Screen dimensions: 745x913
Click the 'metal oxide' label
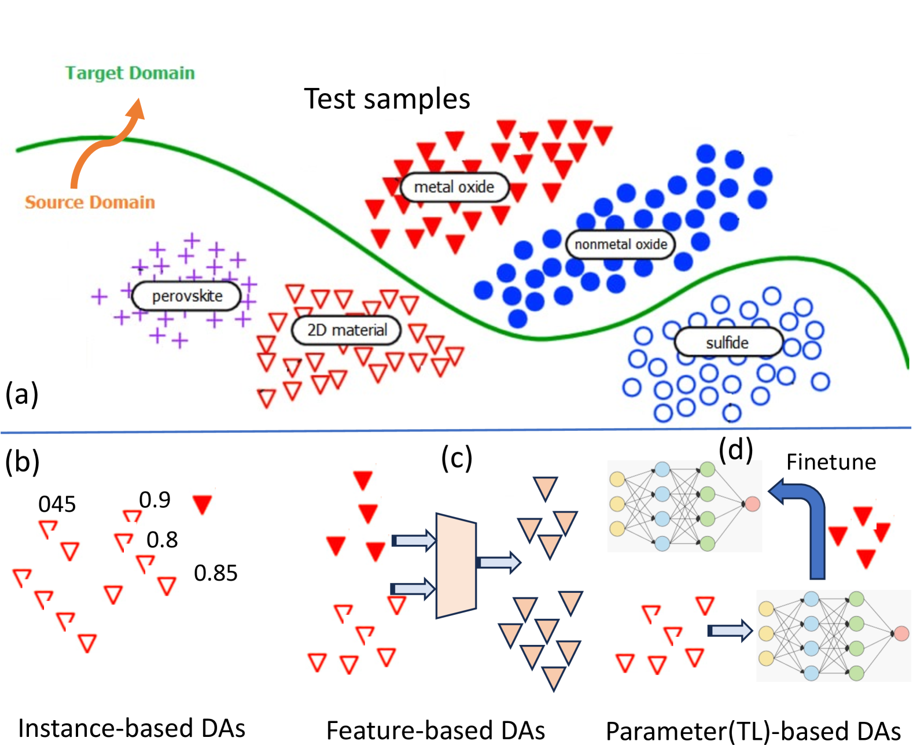coord(454,187)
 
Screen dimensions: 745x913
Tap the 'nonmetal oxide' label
coord(620,244)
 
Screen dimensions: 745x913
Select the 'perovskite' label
coord(186,296)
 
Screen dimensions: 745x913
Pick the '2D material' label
coord(347,330)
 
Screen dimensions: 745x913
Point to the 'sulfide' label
coord(727,342)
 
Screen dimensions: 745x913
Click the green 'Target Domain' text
coord(130,73)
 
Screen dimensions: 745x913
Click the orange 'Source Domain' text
coord(90,202)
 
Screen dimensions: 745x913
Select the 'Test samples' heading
coord(387,99)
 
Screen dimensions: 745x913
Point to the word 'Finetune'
coord(831,462)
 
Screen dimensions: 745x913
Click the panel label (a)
coord(22,394)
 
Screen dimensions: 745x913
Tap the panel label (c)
coord(456,458)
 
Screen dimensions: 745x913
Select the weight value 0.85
coord(215,573)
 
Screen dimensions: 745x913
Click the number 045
coord(57,504)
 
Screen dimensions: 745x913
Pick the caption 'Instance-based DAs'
coord(132,728)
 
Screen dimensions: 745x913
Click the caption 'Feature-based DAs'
coord(436,730)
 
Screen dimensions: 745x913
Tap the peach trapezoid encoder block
coord(456,565)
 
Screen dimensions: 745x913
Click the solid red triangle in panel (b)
coord(203,504)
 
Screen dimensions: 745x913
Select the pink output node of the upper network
coord(752,504)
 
